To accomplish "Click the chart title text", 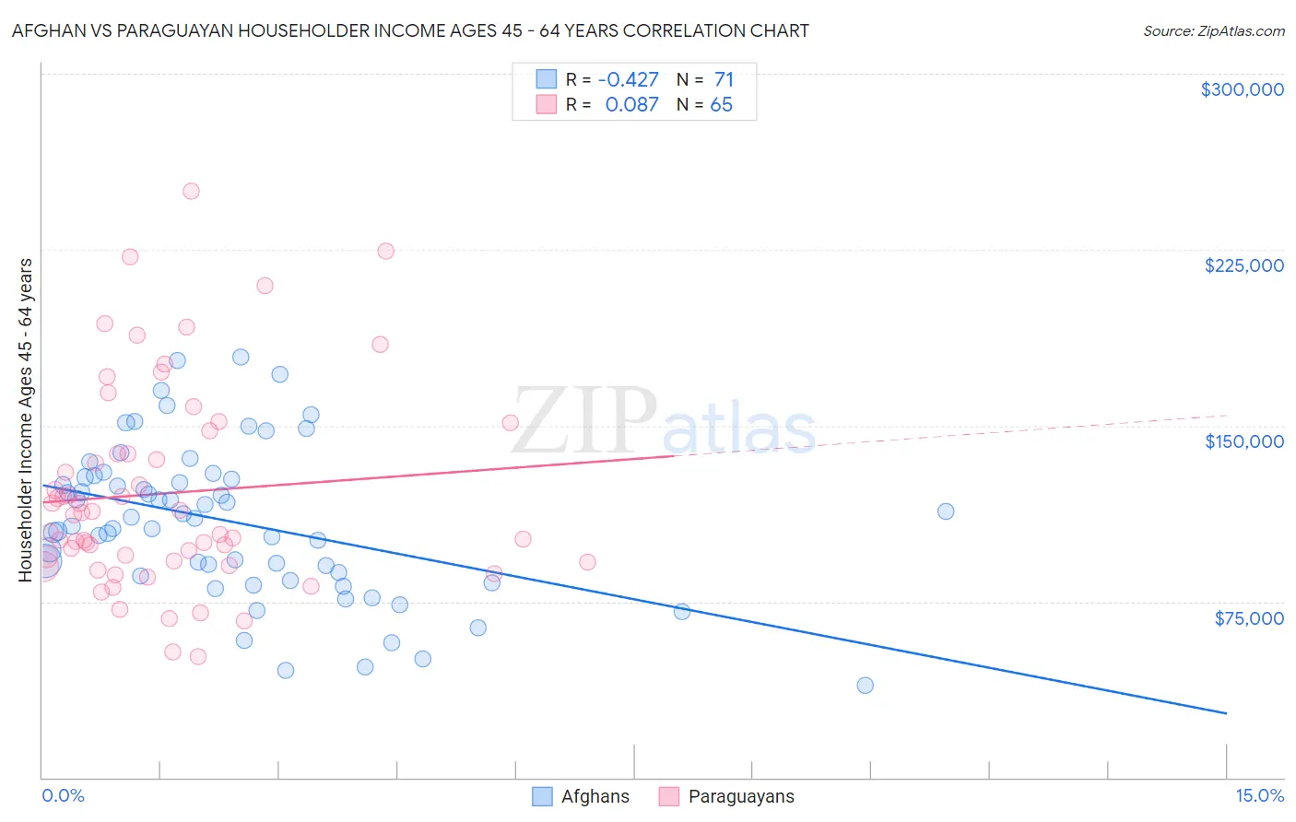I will pyautogui.click(x=410, y=30).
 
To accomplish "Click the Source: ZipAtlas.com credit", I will pyautogui.click(x=1213, y=30).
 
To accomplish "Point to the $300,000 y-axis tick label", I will pyautogui.click(x=1242, y=89).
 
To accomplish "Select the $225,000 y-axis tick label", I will pyautogui.click(x=1243, y=265).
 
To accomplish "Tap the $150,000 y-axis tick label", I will pyautogui.click(x=1243, y=441).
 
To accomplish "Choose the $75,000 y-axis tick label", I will pyautogui.click(x=1248, y=618).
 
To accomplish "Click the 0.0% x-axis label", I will pyautogui.click(x=63, y=795).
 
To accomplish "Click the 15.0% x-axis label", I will pyautogui.click(x=1259, y=795).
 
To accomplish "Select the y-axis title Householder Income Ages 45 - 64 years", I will pyautogui.click(x=26, y=419).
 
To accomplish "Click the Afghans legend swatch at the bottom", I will pyautogui.click(x=542, y=796).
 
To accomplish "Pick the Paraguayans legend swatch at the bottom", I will pyautogui.click(x=669, y=796).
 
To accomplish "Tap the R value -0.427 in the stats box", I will pyautogui.click(x=628, y=80).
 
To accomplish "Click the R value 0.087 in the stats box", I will pyautogui.click(x=631, y=105).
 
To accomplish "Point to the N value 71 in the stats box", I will pyautogui.click(x=724, y=80).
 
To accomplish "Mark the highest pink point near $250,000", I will pyautogui.click(x=191, y=192).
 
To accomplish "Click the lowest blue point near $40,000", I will pyautogui.click(x=865, y=686).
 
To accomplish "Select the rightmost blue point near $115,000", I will pyautogui.click(x=946, y=511).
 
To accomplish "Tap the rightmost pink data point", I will pyautogui.click(x=587, y=562).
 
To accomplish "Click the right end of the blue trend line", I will pyautogui.click(x=1226, y=713).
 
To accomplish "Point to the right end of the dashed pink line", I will pyautogui.click(x=1226, y=416).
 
